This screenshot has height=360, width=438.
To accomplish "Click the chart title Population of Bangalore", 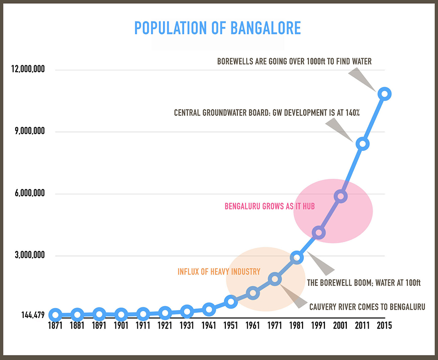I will click(x=217, y=28).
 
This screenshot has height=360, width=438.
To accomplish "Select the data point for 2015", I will click(x=385, y=94).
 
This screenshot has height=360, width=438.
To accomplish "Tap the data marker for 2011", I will click(x=362, y=144).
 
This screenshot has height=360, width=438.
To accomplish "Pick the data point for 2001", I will click(x=340, y=196).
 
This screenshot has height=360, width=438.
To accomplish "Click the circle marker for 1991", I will click(x=318, y=233).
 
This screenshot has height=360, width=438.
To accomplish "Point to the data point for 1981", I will click(x=297, y=258).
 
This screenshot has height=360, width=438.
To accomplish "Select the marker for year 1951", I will click(x=231, y=302).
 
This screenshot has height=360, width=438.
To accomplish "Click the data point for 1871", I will click(x=55, y=314).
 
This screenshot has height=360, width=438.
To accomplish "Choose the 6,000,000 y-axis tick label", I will click(x=28, y=193).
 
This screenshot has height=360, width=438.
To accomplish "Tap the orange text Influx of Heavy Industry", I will click(x=219, y=271).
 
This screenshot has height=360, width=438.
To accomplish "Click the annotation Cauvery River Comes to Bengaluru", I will click(x=367, y=307).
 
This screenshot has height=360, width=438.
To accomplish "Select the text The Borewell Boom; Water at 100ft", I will click(x=363, y=282).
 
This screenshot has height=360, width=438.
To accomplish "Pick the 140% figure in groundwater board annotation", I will click(x=351, y=113).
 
